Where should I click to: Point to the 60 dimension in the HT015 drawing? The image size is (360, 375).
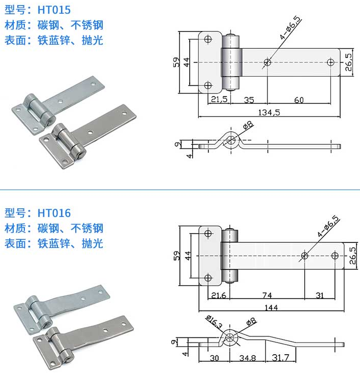(x=298, y=100)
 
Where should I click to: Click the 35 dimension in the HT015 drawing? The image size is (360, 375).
(x=249, y=100)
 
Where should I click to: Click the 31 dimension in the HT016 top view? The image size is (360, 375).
(x=319, y=295)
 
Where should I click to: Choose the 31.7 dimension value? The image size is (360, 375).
(x=280, y=359)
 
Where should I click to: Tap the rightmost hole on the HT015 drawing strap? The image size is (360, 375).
(x=331, y=62)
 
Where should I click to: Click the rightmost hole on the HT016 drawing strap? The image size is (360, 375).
(x=335, y=256)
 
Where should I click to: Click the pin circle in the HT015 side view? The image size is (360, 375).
(x=232, y=140)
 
